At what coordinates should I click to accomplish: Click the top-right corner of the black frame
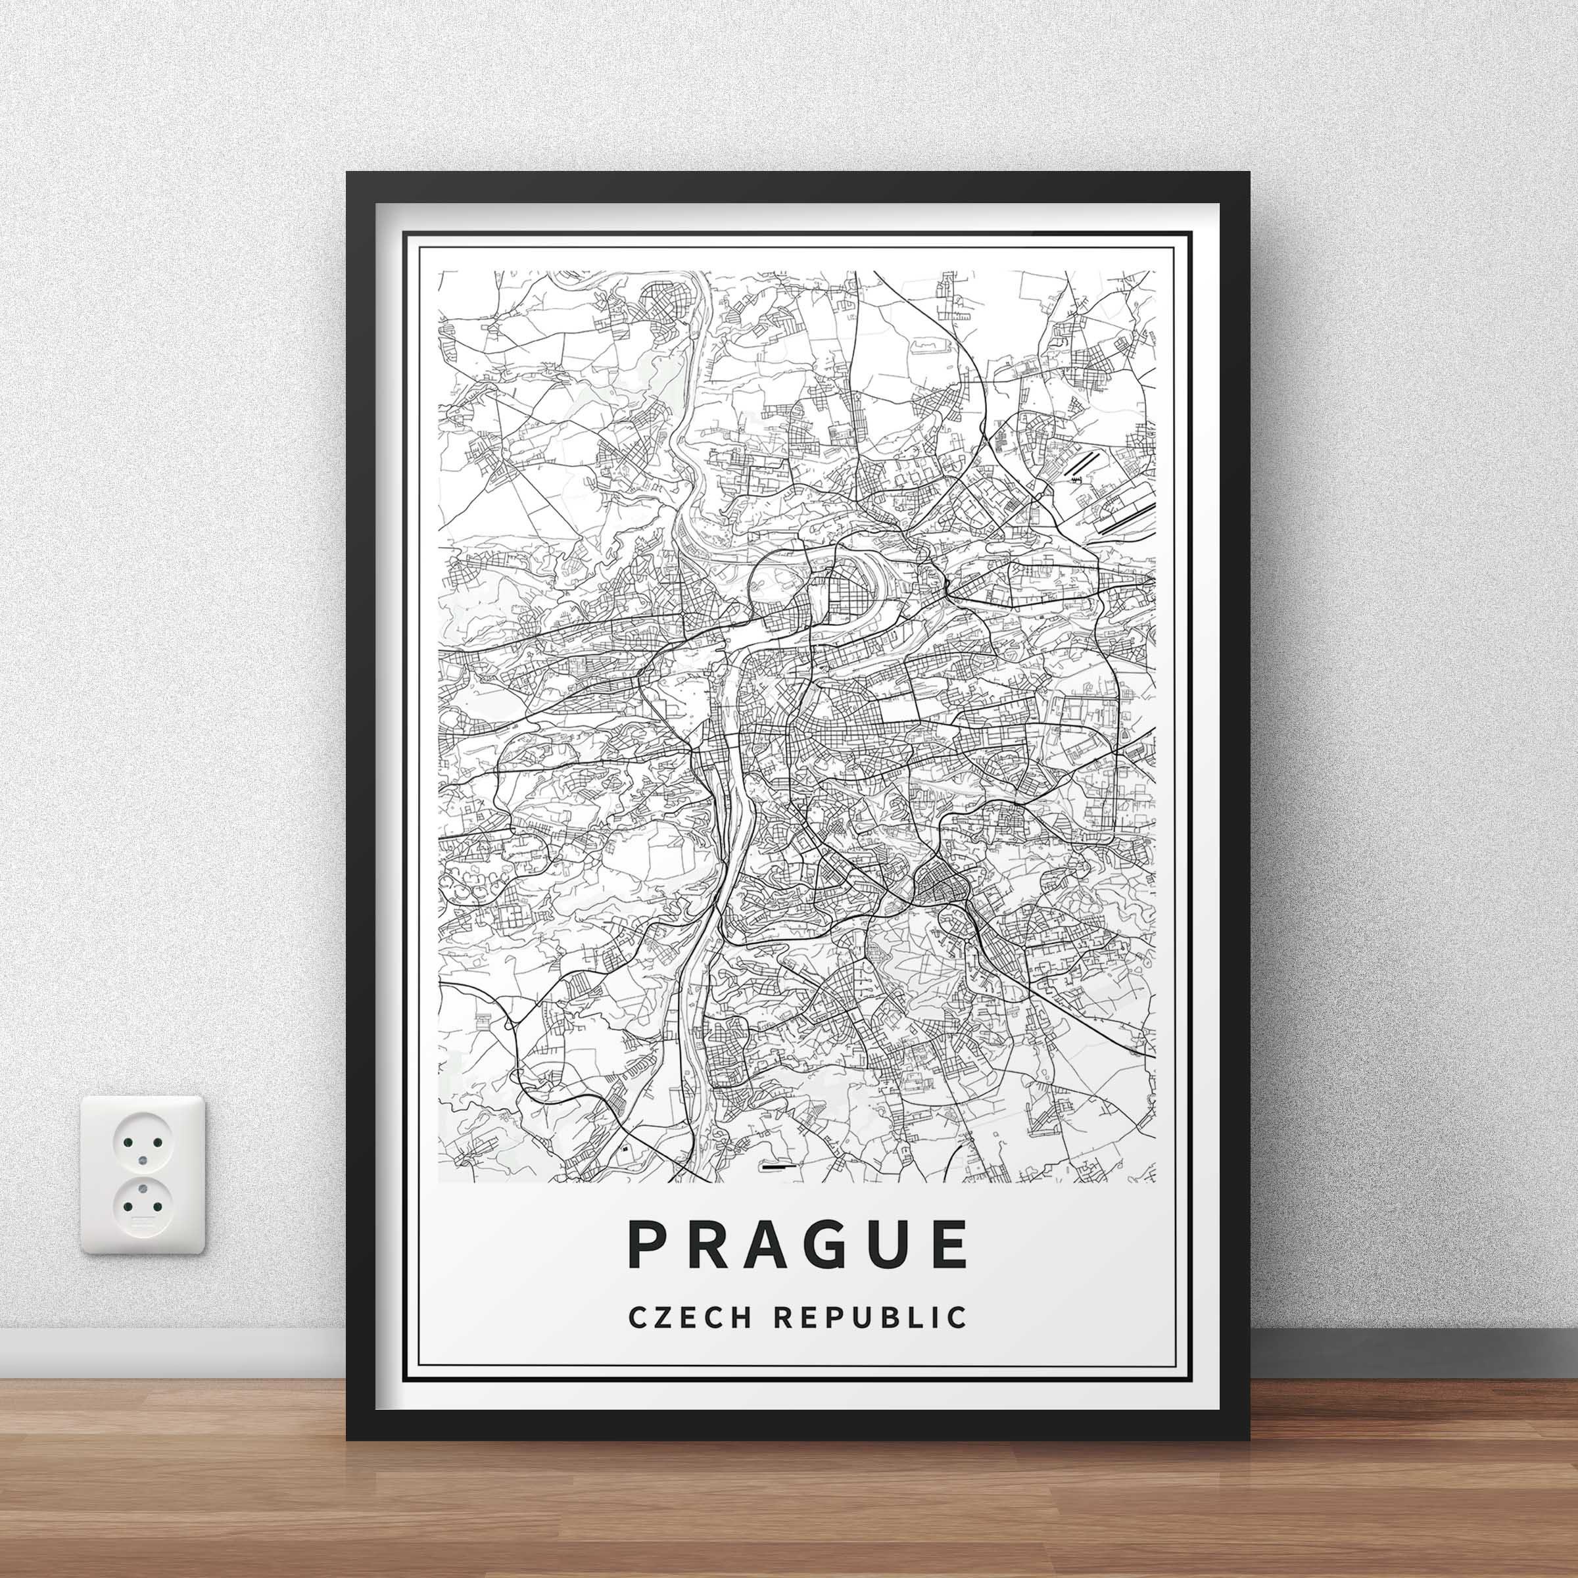1251,173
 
